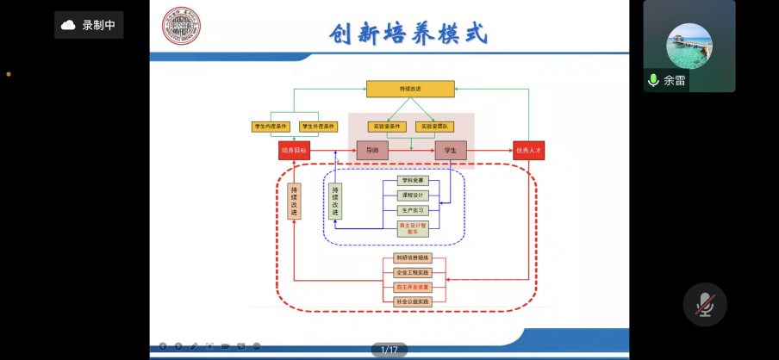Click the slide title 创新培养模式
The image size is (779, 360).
coord(408,33)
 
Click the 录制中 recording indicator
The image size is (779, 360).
coord(89,25)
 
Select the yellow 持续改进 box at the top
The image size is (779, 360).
coord(410,89)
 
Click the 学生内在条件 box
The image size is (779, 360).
coord(270,127)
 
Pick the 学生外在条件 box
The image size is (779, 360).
coord(317,127)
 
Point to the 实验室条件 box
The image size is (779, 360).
coord(387,127)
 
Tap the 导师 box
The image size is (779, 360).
coord(372,151)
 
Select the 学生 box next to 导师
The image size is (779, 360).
coord(450,151)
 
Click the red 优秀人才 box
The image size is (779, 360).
coord(528,151)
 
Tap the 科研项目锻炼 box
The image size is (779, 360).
coord(412,258)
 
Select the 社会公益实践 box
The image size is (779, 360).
coord(412,301)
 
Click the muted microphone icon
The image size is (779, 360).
coord(705,303)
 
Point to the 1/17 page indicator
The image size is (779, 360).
coord(389,350)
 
